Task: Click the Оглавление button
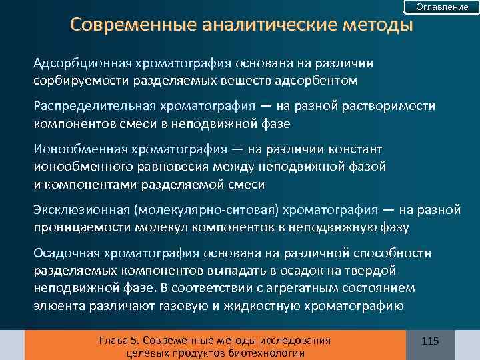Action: point(442,7)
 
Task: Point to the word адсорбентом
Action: point(322,80)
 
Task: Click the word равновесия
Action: point(179,167)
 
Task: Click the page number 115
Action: point(431,341)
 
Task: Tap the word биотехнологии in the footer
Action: point(265,353)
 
